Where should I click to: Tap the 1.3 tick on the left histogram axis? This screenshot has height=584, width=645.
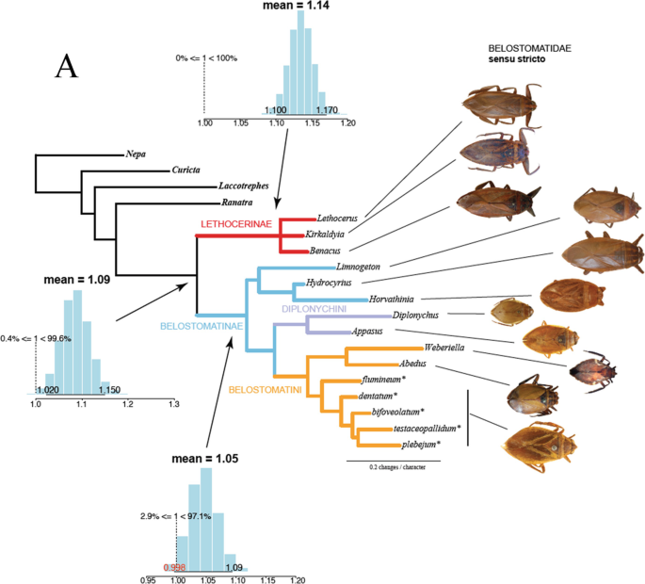(173, 404)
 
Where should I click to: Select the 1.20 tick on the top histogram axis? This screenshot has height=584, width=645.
(348, 123)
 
